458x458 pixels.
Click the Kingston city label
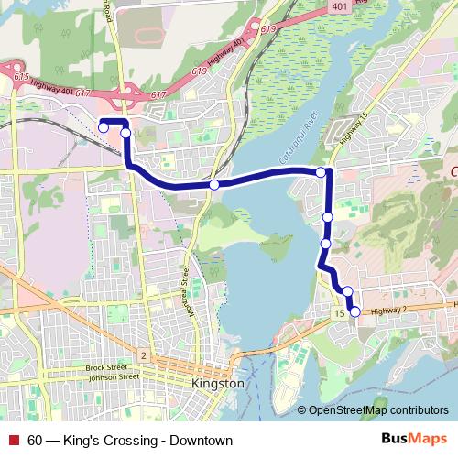pos(217,384)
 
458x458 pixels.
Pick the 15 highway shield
pos(339,314)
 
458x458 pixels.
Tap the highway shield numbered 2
pos(143,354)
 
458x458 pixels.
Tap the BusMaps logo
pos(415,440)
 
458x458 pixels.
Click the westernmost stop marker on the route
pos(104,126)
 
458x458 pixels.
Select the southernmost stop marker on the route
pos(355,312)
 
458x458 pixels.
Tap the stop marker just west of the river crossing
pos(213,185)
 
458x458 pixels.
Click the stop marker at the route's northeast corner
pos(321,172)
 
